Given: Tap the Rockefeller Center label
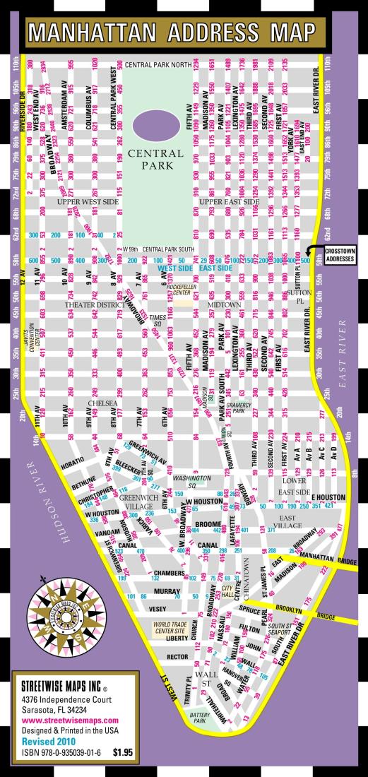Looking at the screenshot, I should coord(186,289).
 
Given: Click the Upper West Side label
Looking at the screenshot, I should coord(82,202).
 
